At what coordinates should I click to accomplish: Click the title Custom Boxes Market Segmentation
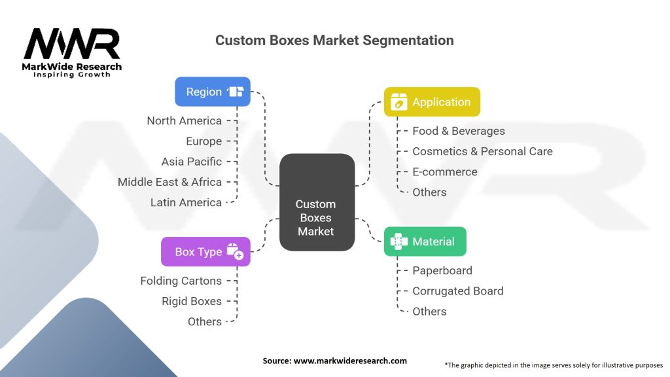[334, 40]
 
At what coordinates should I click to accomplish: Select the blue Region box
[213, 92]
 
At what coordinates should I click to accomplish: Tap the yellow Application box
[432, 102]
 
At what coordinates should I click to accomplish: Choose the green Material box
[425, 242]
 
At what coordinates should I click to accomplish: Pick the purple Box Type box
[205, 251]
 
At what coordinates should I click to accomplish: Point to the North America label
[184, 120]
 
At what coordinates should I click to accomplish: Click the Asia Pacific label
[192, 161]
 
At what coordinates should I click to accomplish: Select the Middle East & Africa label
[169, 182]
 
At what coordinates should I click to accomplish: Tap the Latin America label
[186, 202]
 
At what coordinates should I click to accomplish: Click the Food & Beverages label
[458, 131]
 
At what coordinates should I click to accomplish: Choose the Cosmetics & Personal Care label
[482, 151]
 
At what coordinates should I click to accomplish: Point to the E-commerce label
[445, 171]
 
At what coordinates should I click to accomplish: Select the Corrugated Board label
[457, 291]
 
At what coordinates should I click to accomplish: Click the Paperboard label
[442, 270]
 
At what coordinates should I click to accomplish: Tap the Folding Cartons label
[181, 281]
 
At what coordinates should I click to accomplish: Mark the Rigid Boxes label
[192, 301]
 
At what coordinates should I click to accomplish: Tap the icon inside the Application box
[398, 102]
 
